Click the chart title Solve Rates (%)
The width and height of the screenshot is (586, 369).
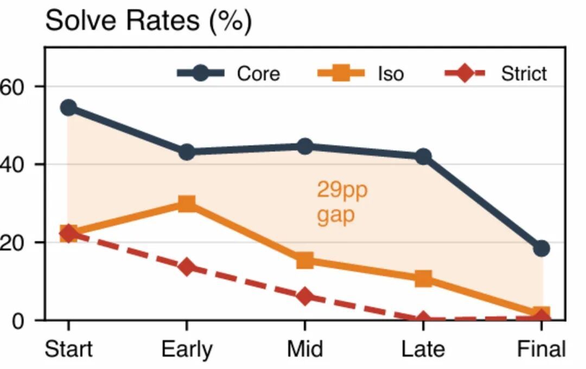click(148, 22)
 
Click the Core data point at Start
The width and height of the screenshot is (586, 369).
click(68, 107)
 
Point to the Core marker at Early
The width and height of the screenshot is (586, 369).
click(187, 152)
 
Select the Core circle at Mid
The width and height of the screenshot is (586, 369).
click(305, 147)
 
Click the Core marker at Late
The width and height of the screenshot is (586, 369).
click(423, 157)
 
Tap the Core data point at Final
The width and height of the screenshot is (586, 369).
click(542, 249)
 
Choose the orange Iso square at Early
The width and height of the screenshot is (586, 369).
click(187, 204)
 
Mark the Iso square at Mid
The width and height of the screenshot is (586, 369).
click(305, 260)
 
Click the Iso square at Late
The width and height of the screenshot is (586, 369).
click(423, 279)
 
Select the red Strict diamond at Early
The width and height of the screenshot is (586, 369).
click(187, 267)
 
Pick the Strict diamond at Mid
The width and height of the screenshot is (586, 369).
click(305, 297)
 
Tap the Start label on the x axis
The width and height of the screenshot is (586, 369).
click(68, 349)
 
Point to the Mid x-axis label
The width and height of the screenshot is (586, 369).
click(305, 349)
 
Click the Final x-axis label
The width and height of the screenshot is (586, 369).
click(542, 349)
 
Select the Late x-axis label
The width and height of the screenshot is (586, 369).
click(423, 349)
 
